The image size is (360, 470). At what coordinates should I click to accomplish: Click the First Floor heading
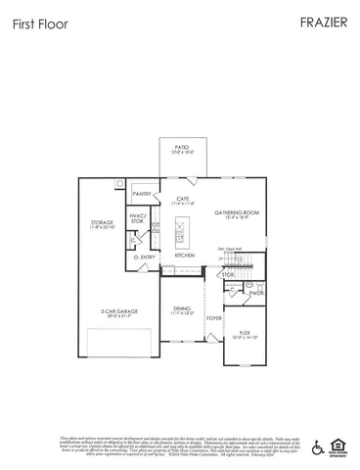pos(40,24)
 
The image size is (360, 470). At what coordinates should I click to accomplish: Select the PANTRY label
pos(142,194)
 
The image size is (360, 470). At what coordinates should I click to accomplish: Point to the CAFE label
pos(183,198)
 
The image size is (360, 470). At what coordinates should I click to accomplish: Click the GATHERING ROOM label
pos(239,212)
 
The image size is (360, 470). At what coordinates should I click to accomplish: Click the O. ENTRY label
pos(146,257)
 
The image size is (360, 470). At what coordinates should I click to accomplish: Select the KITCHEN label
pos(184,256)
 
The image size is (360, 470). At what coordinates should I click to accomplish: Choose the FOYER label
pos(214,318)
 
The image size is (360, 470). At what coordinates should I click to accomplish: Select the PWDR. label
pos(257,293)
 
